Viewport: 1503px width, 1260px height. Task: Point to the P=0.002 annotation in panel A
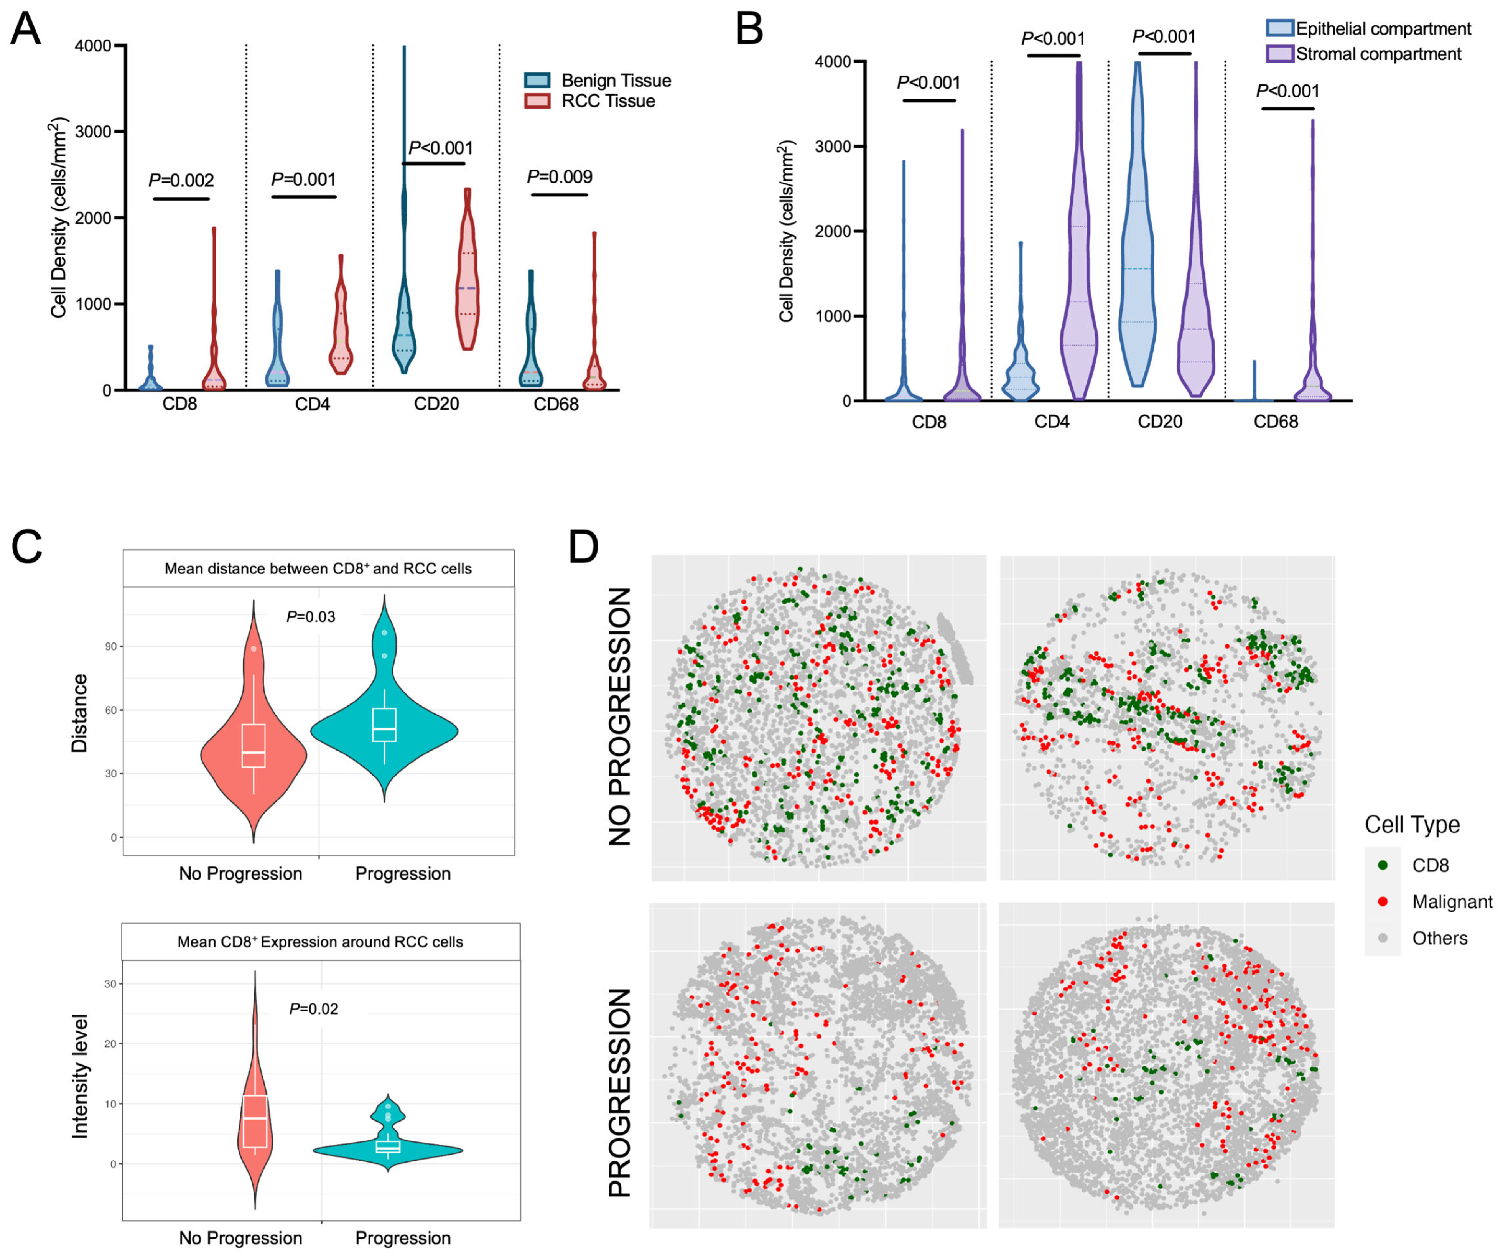tap(181, 180)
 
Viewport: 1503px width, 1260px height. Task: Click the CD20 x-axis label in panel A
tap(436, 405)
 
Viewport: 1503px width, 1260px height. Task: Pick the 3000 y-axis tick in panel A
tap(93, 132)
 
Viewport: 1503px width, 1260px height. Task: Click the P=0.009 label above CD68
tap(560, 177)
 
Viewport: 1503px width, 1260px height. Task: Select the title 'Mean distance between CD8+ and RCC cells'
tap(318, 568)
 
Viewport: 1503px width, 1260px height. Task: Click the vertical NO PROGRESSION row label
tap(620, 716)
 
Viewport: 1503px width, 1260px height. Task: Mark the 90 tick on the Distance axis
tap(111, 646)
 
